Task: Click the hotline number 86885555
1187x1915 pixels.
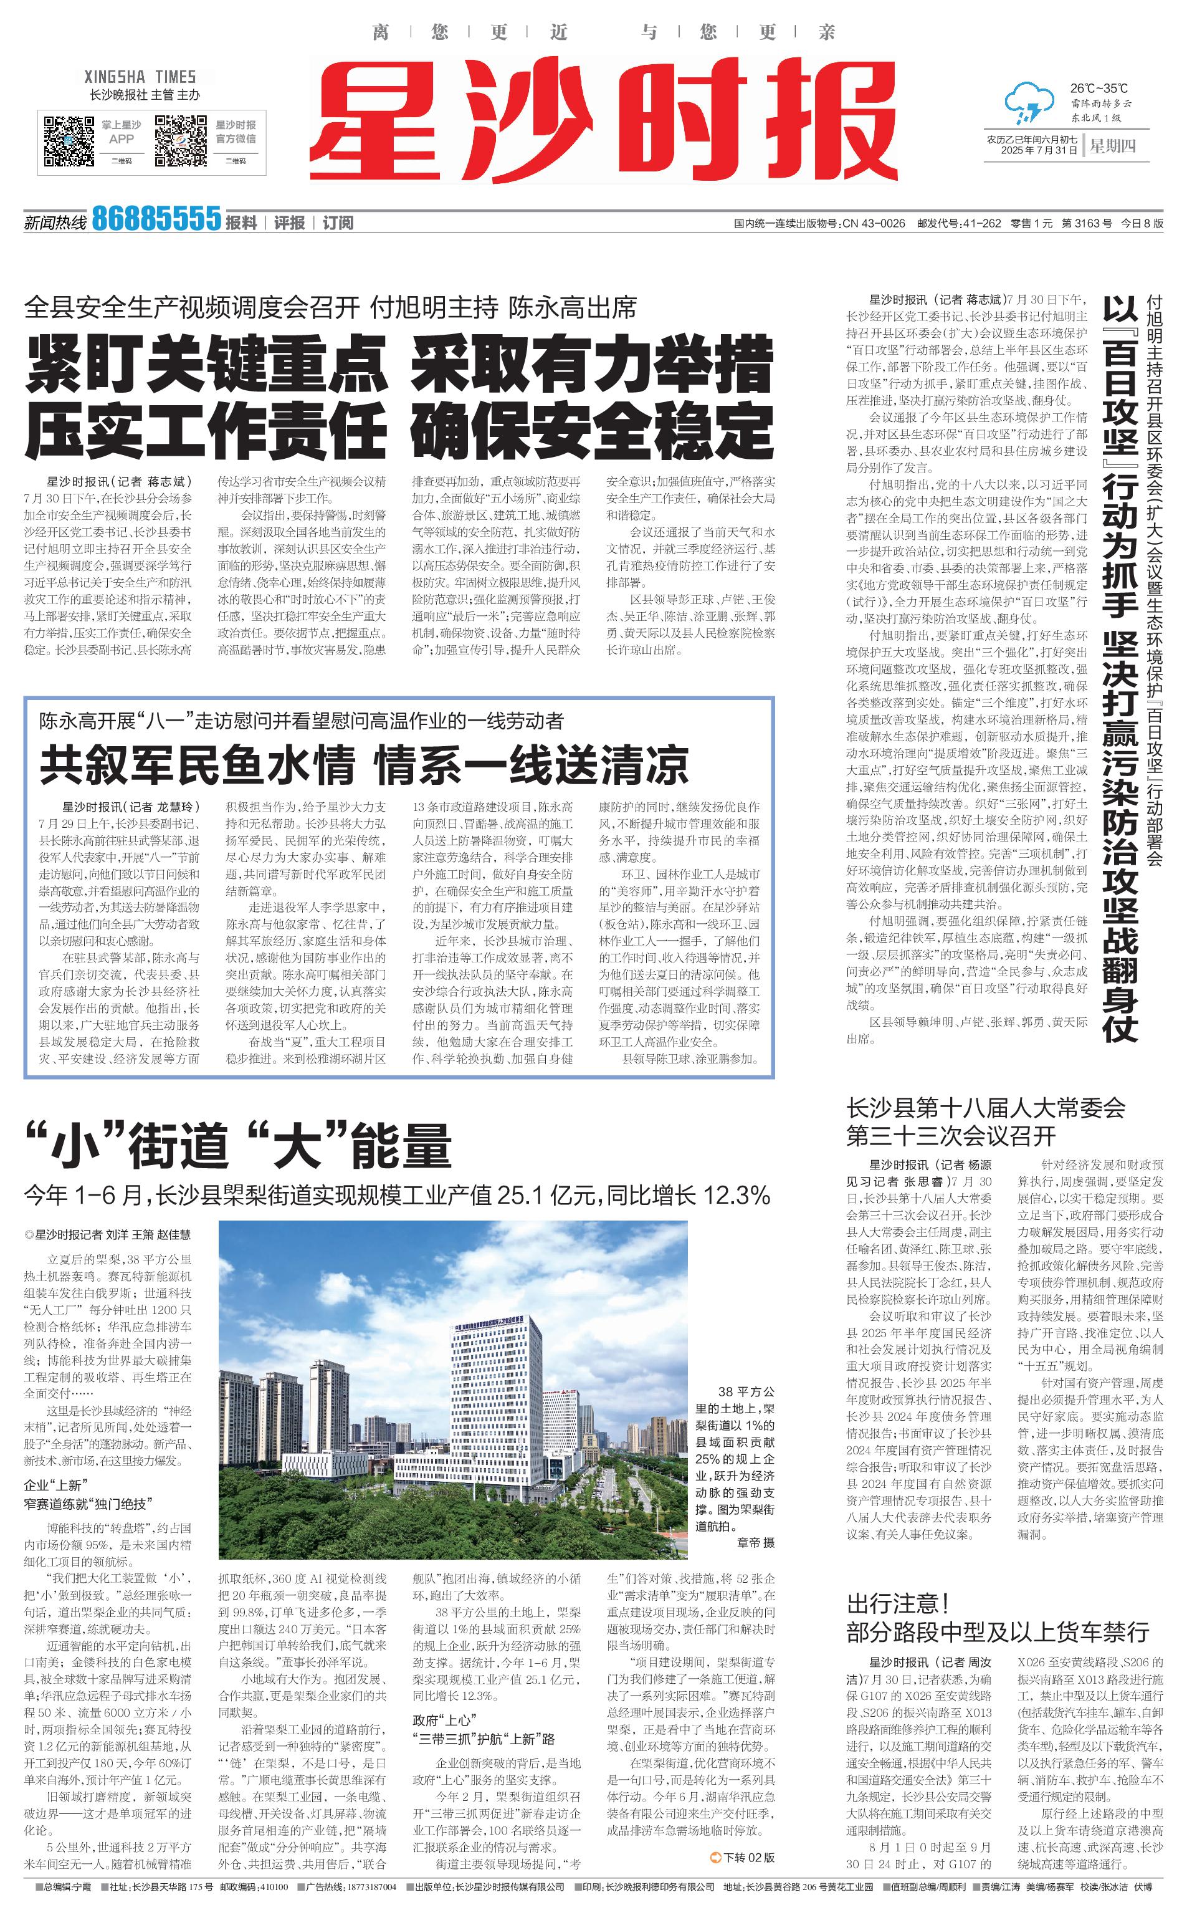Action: click(156, 219)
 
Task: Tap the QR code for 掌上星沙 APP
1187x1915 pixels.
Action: click(69, 142)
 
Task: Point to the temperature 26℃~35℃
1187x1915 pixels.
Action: click(1099, 88)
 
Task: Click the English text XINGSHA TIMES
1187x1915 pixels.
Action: click(140, 77)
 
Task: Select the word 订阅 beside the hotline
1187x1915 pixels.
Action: click(338, 223)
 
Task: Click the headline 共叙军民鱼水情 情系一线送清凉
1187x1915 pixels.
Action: click(365, 766)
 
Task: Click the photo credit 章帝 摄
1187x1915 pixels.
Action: click(755, 1543)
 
